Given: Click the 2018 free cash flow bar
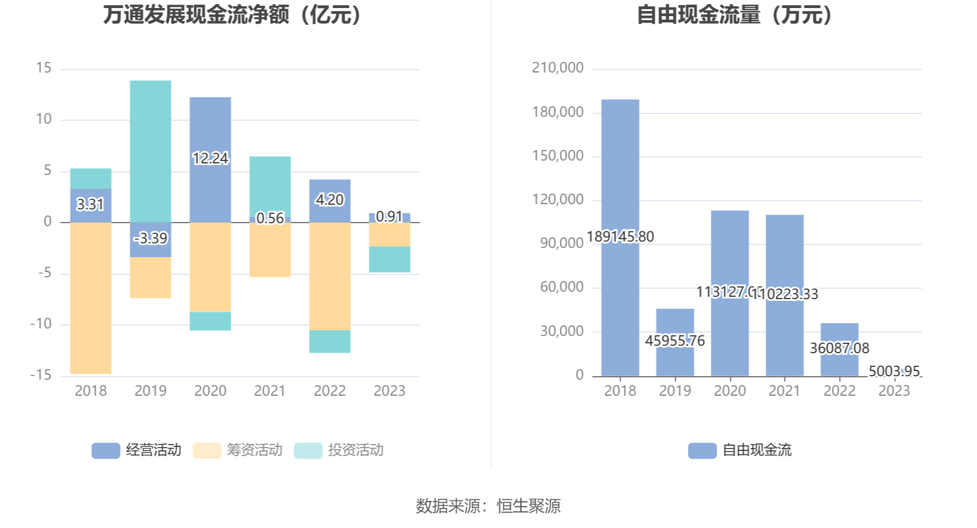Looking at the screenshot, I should tap(620, 173).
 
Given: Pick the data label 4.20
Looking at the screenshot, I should tap(329, 200).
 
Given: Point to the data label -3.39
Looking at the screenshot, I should tap(151, 238).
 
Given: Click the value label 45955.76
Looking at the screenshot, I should tap(675, 340).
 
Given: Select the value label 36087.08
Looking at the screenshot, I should tap(839, 348).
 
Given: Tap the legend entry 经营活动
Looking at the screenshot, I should tap(137, 450).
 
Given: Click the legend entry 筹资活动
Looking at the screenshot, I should tap(238, 450).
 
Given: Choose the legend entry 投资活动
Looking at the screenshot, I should tap(339, 450).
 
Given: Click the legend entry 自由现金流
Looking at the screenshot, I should tap(740, 450).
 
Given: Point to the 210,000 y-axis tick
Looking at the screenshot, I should tap(557, 68).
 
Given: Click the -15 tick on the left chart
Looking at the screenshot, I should tap(41, 375).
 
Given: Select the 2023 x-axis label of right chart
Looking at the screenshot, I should tap(894, 391).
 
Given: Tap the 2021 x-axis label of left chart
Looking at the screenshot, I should tap(270, 391).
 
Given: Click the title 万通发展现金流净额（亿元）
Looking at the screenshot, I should tap(233, 15).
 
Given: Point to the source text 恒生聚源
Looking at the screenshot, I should tap(528, 506).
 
